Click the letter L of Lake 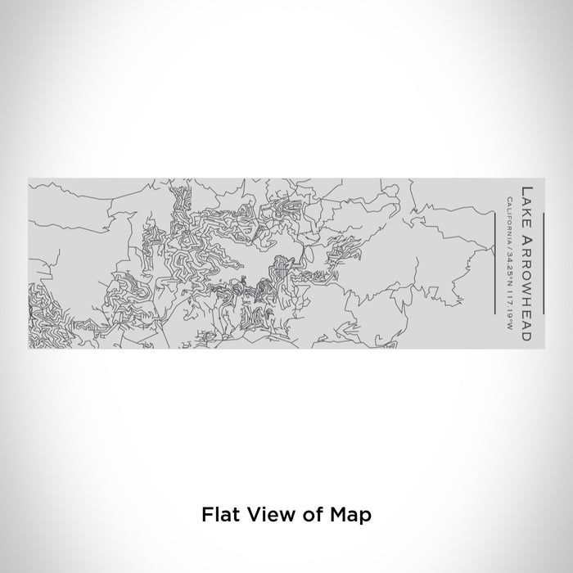pyautogui.click(x=526, y=192)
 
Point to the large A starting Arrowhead pyautogui.click(x=526, y=232)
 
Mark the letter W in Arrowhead pyautogui.click(x=526, y=282)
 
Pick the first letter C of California pyautogui.click(x=509, y=200)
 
